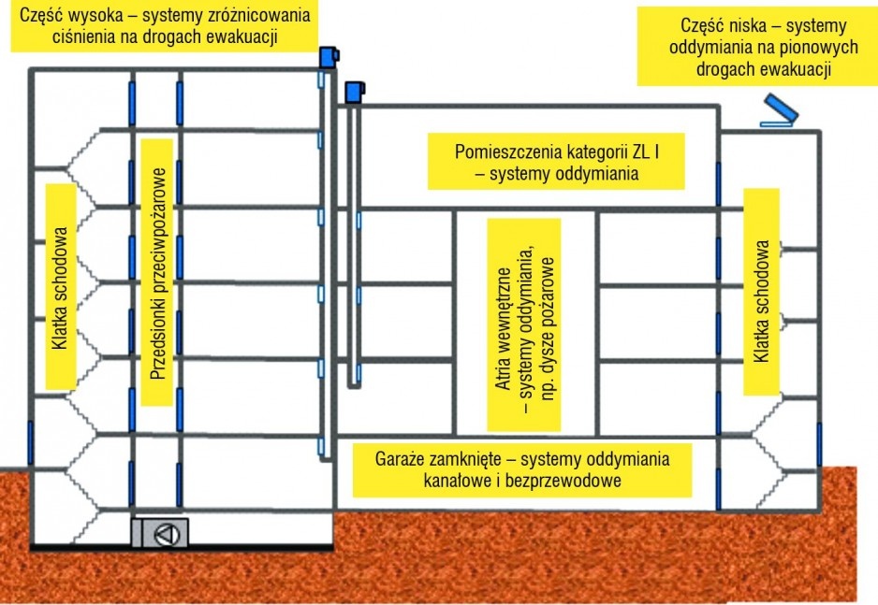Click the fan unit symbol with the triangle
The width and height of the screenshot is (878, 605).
[166, 533]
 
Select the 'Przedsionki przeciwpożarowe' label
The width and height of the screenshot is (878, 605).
[158, 273]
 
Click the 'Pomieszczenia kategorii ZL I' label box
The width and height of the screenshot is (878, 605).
[556, 162]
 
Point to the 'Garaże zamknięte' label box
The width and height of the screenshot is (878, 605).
[522, 469]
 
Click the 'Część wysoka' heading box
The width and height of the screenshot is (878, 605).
[164, 26]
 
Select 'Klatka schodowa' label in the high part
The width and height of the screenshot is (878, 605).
[61, 287]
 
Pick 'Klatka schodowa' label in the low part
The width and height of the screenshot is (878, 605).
[762, 293]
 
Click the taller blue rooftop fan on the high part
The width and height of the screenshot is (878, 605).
[329, 58]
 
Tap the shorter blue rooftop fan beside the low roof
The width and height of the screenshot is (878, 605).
[355, 93]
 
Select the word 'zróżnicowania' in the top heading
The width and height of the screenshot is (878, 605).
[258, 15]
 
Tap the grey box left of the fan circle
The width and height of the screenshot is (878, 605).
[138, 533]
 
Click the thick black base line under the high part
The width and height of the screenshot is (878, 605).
[182, 548]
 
